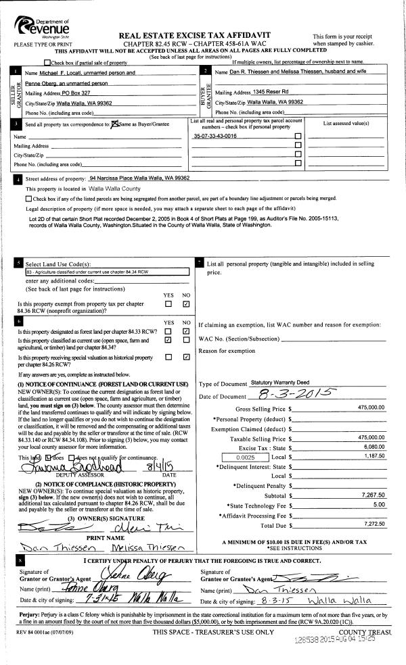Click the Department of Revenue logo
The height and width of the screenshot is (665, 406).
[41, 28]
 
